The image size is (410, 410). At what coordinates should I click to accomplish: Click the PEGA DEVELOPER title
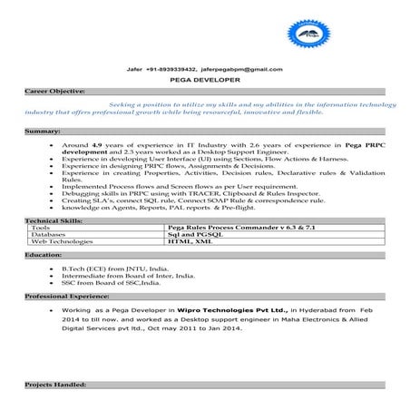(x=206, y=80)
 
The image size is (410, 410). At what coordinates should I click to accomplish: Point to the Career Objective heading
(x=55, y=92)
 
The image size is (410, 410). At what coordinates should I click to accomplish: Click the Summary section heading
(x=43, y=132)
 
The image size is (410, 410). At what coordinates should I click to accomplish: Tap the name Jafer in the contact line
(x=136, y=68)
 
